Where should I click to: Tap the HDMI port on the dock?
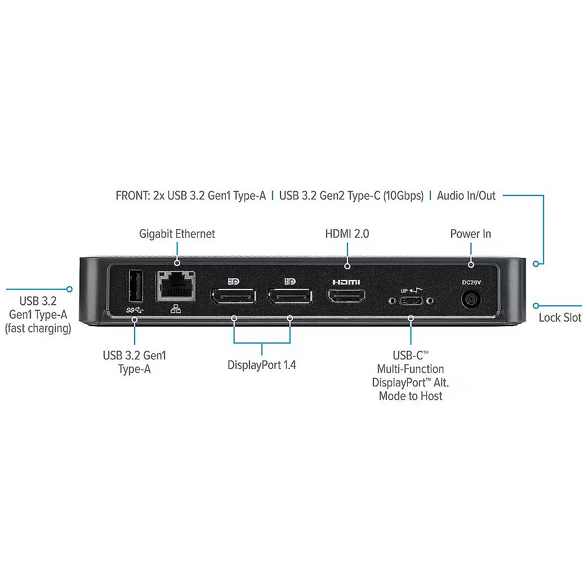[347, 297]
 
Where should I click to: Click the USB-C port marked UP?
[411, 301]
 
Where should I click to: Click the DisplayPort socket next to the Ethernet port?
[233, 297]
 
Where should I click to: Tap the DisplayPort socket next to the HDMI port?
[290, 297]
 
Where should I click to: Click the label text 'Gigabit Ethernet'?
[177, 234]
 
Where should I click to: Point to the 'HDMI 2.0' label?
[347, 234]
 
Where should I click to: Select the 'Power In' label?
[470, 234]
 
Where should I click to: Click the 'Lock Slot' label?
[560, 318]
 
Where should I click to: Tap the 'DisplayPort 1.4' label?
[262, 365]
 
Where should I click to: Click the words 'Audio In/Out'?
[466, 196]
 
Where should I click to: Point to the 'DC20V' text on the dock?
[470, 282]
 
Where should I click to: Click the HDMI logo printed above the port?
[346, 282]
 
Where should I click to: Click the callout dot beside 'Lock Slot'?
[536, 306]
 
